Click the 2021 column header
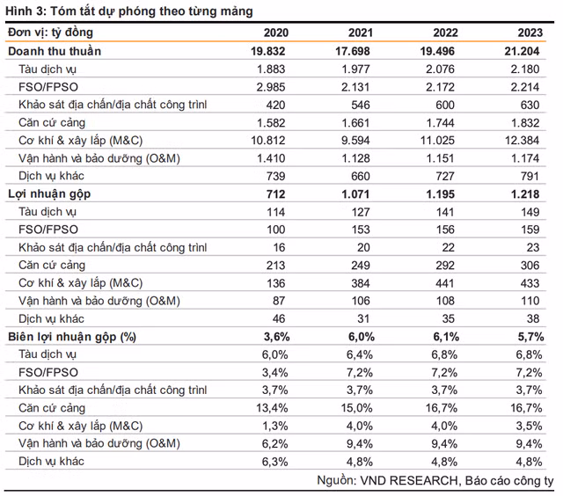(x=360, y=33)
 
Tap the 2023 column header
(x=530, y=33)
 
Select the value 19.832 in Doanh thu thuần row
(x=267, y=51)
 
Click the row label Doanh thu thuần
(x=55, y=51)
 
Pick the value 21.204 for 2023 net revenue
(x=522, y=51)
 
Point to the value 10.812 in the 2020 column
(x=267, y=141)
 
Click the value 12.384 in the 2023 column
(x=522, y=141)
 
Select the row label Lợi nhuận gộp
(x=49, y=194)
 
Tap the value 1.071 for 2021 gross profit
(x=355, y=194)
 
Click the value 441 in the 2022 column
(x=445, y=283)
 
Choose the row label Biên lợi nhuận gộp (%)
(x=72, y=337)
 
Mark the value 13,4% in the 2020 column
(x=272, y=408)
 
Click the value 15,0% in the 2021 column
(x=356, y=408)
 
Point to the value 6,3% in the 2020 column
(x=274, y=462)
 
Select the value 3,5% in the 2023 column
(x=529, y=426)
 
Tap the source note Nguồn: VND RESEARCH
(x=387, y=480)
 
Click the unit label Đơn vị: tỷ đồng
(x=51, y=33)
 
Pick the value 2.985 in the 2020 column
(x=271, y=87)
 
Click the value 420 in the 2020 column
(x=275, y=105)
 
